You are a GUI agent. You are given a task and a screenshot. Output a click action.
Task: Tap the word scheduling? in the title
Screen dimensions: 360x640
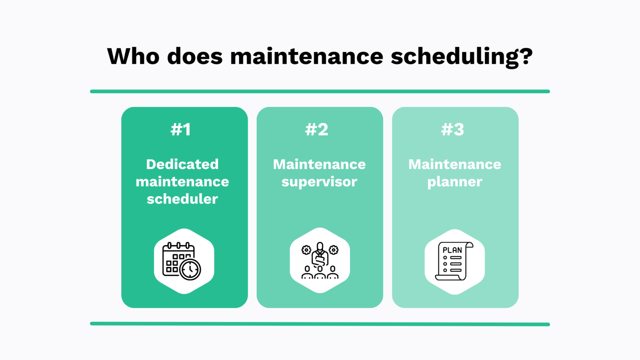461,57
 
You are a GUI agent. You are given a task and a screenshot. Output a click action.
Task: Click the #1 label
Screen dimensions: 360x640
181,130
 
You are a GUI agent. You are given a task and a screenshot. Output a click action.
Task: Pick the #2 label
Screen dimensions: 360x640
317,130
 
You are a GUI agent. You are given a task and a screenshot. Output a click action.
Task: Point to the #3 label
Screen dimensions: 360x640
452,130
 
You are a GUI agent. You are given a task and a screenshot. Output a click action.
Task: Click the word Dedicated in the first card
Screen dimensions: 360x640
182,164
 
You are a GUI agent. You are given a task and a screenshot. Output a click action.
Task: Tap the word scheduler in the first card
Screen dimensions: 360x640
182,199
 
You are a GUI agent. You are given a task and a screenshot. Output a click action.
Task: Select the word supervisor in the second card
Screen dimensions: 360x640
319,182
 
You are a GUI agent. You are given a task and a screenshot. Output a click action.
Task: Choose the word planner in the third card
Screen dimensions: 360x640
455,182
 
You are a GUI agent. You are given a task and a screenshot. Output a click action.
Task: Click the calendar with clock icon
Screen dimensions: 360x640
182,262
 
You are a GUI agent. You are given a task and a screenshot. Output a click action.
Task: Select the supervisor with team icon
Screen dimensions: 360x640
320,261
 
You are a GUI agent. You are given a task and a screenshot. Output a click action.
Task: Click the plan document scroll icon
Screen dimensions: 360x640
454,262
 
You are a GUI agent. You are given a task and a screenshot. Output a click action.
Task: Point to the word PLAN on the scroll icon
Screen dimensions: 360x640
452,250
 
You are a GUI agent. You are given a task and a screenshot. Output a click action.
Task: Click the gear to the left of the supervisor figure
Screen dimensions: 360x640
306,250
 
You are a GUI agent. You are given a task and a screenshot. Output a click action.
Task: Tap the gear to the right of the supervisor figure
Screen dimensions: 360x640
333,250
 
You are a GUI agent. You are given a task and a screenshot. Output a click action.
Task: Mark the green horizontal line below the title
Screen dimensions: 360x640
320,91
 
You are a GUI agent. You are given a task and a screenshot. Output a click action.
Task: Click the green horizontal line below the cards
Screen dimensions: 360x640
320,324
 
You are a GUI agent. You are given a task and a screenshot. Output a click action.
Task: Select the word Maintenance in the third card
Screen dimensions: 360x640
455,164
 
